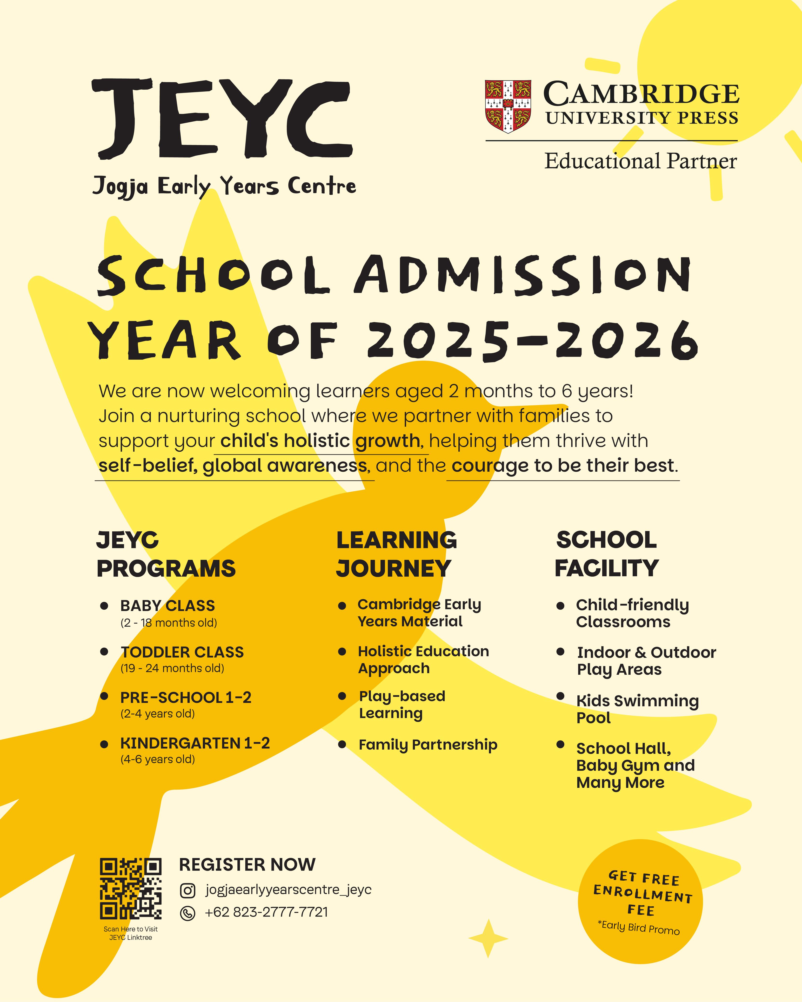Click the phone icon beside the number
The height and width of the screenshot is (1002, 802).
187,913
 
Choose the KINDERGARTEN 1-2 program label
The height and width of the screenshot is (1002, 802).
195,743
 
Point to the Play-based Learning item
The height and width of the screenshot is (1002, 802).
402,705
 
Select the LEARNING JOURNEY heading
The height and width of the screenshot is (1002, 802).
396,554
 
